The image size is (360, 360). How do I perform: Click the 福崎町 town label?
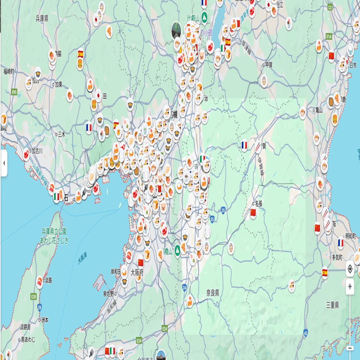9,71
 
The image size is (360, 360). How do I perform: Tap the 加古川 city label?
37,151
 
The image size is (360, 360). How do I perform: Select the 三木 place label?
62,134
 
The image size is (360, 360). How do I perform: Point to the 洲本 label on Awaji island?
44,320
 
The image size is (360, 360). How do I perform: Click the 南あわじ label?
28,339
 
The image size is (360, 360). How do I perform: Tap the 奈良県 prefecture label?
212,293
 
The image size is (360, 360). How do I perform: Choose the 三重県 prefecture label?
332,305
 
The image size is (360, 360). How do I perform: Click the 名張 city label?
258,203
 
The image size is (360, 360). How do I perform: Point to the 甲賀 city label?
268,65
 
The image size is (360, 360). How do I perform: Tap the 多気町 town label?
337,257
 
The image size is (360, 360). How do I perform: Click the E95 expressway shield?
14,92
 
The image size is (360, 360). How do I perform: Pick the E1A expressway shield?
329,36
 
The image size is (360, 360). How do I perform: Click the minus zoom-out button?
350,348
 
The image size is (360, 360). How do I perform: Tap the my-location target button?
350,269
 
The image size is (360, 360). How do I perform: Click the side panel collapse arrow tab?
4,163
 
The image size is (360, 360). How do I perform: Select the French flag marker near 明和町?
341,243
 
